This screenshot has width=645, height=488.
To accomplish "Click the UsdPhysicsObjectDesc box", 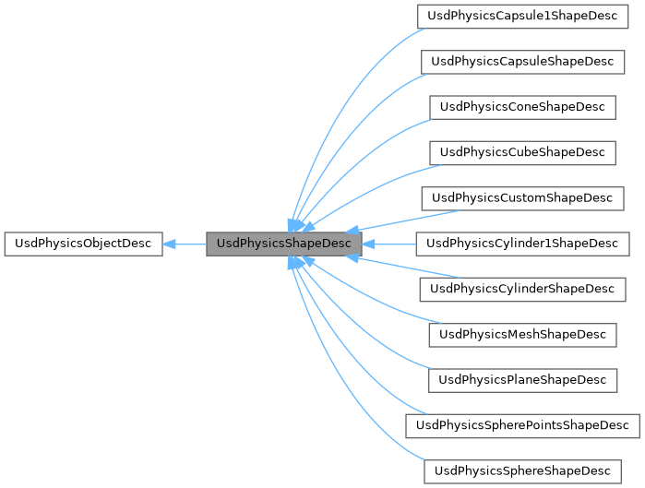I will (x=82, y=244).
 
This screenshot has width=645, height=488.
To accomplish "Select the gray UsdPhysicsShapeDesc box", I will (x=283, y=244).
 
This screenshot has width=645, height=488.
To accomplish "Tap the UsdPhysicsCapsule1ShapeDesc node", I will (x=522, y=17).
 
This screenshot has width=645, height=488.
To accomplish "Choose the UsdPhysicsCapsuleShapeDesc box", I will (x=522, y=62).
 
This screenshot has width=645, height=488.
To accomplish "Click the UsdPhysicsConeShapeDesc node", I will (x=522, y=107).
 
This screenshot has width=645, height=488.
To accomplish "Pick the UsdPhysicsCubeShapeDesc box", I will (x=522, y=152).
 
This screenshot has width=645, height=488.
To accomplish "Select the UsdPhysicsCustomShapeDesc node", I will (x=522, y=198).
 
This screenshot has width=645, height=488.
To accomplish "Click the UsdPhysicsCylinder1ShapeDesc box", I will (x=522, y=244).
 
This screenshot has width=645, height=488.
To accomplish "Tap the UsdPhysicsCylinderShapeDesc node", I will (x=522, y=289).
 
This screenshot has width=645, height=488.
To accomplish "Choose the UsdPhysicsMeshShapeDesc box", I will (x=522, y=334).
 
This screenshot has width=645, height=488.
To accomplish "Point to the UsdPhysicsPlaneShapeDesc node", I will (x=522, y=379).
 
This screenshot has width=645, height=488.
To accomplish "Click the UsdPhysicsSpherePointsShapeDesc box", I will (x=522, y=425).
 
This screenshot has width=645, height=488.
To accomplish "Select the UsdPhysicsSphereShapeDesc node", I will (x=522, y=470).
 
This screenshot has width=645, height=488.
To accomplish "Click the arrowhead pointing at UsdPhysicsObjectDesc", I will (x=170, y=244).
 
